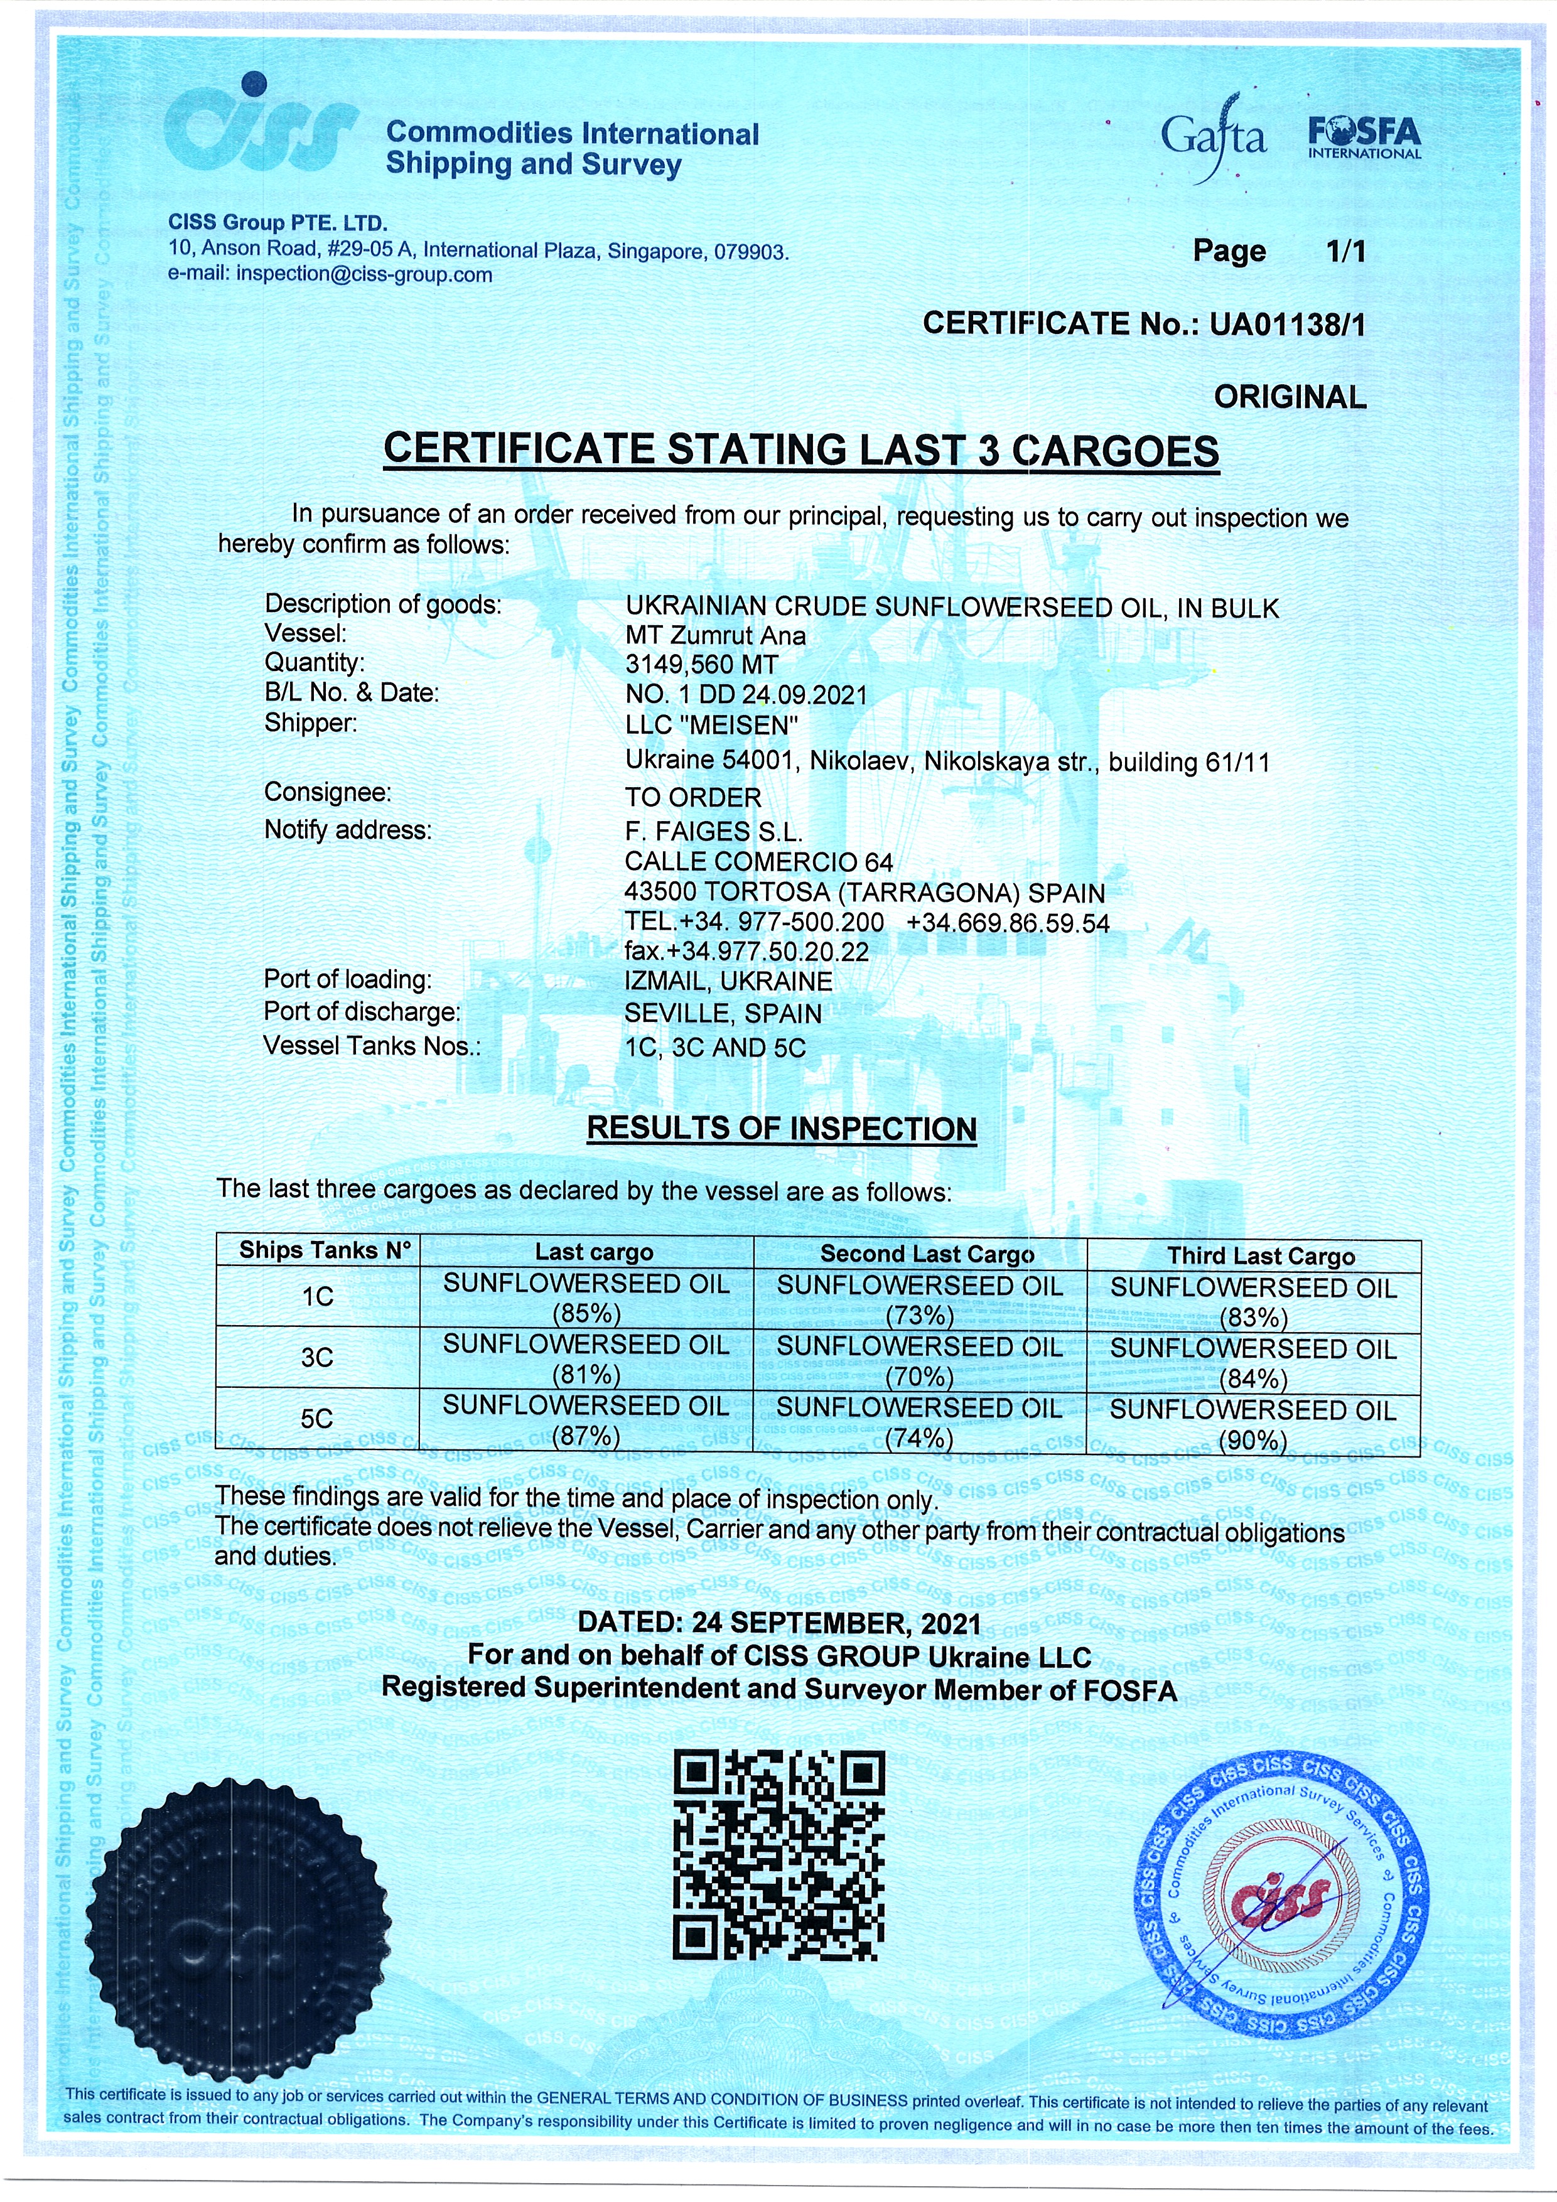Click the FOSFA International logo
1364,137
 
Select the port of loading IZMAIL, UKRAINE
728,981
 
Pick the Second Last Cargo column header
926,1254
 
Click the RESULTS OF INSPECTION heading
781,1128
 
